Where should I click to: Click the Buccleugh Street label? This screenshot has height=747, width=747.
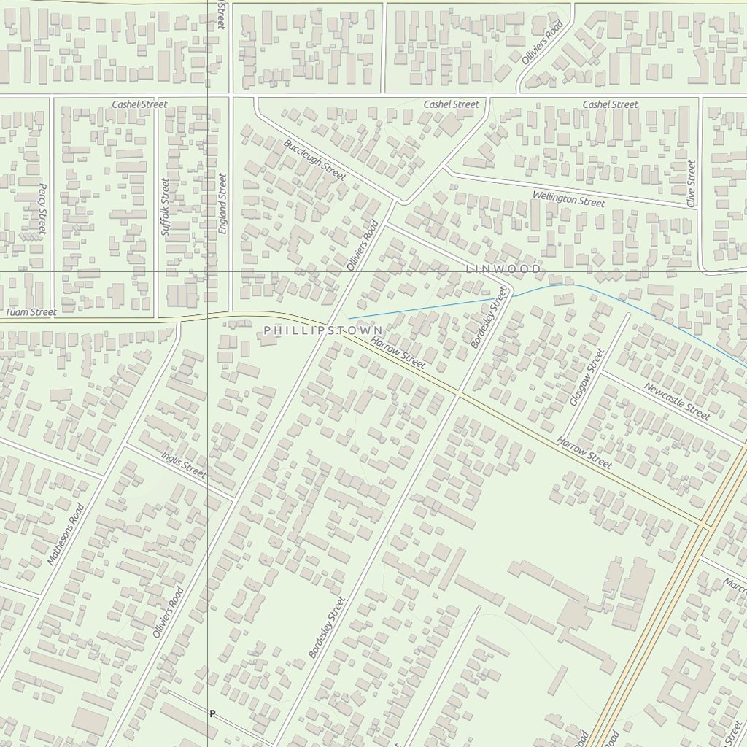click(x=314, y=160)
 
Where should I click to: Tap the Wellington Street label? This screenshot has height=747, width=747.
click(x=568, y=198)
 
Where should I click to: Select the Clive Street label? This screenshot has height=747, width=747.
click(x=691, y=183)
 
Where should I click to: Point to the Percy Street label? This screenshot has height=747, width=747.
click(x=42, y=209)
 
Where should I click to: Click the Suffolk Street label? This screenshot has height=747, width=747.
click(x=164, y=206)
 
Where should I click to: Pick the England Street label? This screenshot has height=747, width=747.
click(x=222, y=203)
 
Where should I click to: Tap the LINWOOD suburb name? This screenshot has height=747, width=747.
click(x=503, y=269)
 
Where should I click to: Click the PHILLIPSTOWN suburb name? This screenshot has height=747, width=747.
click(x=323, y=331)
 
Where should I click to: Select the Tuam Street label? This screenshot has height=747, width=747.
click(x=31, y=312)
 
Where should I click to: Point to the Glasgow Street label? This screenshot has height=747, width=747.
click(x=587, y=377)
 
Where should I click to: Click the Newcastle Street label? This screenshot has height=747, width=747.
click(x=677, y=401)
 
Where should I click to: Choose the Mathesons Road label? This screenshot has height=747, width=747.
click(x=66, y=535)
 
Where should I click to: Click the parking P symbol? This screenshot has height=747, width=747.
click(x=212, y=713)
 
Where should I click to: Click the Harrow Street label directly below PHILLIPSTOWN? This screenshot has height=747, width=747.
click(x=398, y=352)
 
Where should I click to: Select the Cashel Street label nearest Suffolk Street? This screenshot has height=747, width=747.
click(x=139, y=104)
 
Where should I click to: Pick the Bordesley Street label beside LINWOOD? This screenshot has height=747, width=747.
click(x=489, y=317)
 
